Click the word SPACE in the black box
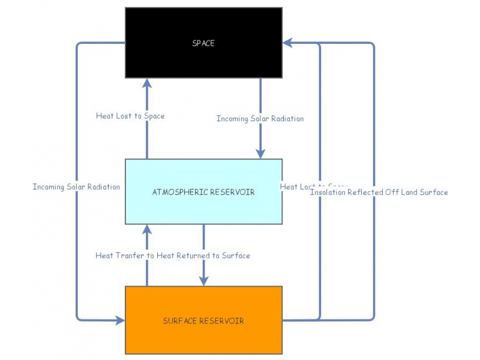pos(203,43)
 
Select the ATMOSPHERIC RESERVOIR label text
pos(203,192)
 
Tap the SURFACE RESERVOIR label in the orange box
pos(203,321)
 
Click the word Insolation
pos(328,193)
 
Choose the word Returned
pos(194,256)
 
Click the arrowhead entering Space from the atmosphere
pos(147,83)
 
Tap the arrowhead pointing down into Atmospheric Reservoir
pos(260,153)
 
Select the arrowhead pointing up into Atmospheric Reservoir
pos(147,230)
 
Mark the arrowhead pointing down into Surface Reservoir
pos(203,280)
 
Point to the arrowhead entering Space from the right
pos(288,43)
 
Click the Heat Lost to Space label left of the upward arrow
pos(130,116)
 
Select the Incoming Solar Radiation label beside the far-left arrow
pos(76,187)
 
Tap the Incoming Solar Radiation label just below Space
pos(260,119)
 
